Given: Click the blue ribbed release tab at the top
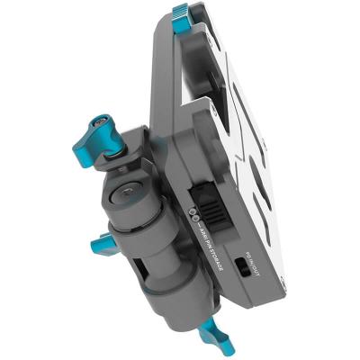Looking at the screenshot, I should [183, 15].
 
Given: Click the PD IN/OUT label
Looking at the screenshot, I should [252, 255].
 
